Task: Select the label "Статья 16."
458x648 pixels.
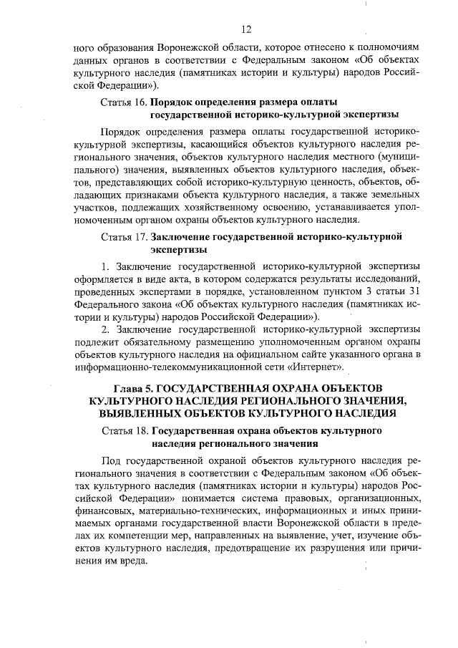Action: coord(124,102)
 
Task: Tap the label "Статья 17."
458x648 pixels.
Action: coord(124,236)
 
